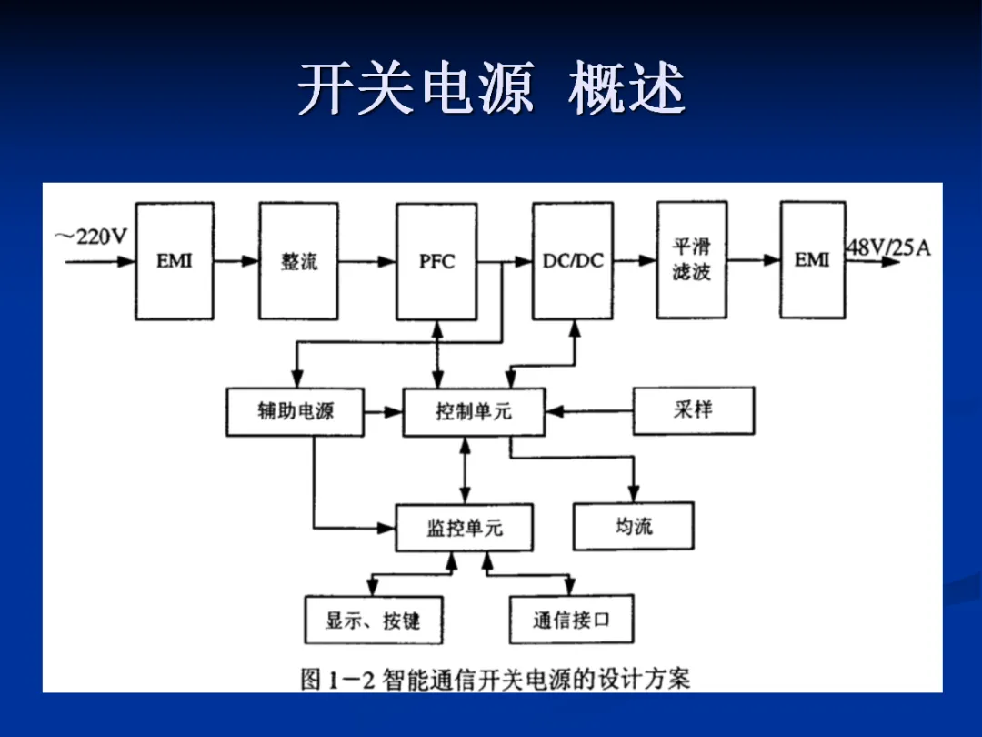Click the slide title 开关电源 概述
491,89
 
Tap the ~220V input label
91,237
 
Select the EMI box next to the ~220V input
175,261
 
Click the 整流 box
298,261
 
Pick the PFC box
436,261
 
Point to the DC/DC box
573,261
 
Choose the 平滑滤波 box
692,260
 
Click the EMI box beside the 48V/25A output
812,260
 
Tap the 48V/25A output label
888,247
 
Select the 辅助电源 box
295,411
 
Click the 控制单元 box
474,412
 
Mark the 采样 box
693,410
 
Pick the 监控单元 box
464,528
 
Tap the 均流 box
633,526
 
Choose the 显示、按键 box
373,621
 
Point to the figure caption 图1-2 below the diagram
496,679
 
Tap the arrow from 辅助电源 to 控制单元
383,412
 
